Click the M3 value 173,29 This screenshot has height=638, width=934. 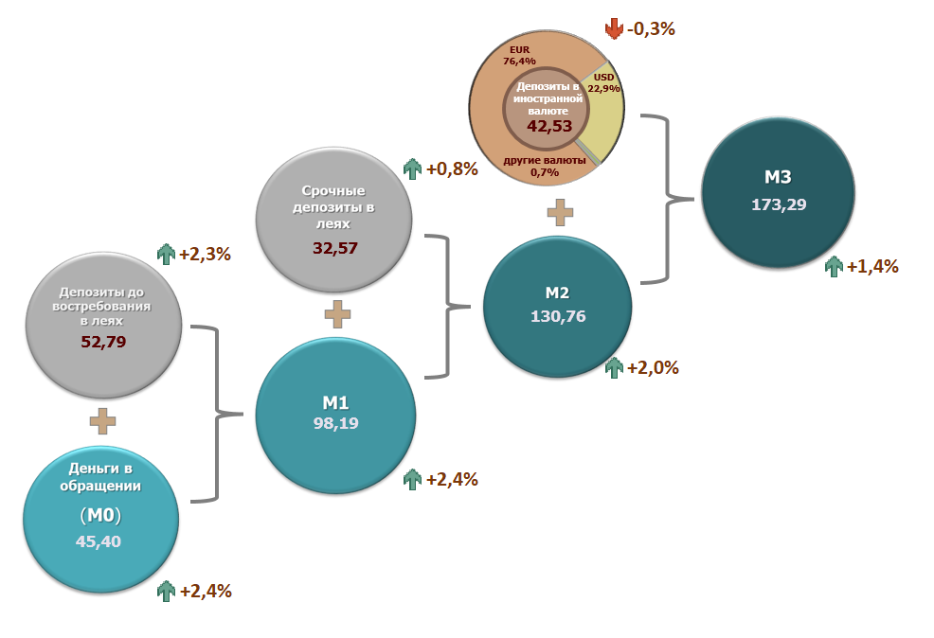click(779, 204)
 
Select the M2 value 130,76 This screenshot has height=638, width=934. click(558, 316)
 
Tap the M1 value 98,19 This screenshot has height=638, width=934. click(335, 424)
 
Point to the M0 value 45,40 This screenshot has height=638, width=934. click(99, 541)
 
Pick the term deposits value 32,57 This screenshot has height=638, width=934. click(335, 248)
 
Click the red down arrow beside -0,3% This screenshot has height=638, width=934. click(614, 29)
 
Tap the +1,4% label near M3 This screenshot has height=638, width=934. click(871, 266)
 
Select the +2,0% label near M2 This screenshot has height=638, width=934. click(653, 367)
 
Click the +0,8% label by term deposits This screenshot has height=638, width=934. click(451, 169)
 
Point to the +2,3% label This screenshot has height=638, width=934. click(206, 254)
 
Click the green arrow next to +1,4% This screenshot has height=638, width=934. click(834, 266)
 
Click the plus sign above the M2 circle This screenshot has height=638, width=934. click(560, 212)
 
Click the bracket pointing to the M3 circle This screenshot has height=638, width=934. click(669, 199)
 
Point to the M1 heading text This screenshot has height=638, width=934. click(335, 403)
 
